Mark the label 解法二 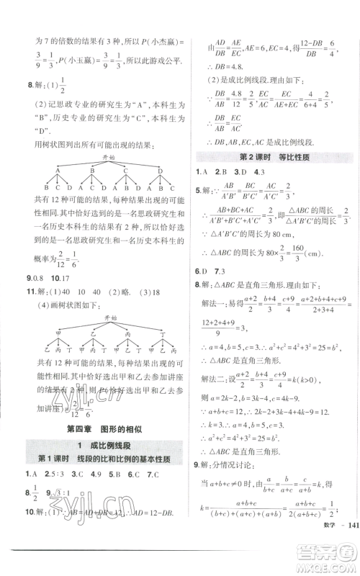tap(217, 376)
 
